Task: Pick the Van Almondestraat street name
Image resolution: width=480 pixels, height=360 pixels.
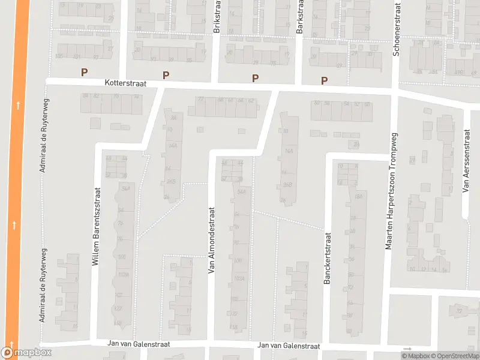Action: tap(211, 241)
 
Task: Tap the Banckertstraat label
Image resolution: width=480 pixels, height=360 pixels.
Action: tap(328, 259)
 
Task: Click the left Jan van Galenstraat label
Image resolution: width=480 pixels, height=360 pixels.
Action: tap(139, 344)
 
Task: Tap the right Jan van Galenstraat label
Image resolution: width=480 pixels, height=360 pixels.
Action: tap(289, 346)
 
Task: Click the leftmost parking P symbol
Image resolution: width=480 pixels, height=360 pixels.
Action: tap(85, 72)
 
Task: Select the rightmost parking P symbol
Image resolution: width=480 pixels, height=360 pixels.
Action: tap(325, 80)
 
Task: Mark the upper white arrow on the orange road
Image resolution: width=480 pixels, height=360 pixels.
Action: tap(18, 106)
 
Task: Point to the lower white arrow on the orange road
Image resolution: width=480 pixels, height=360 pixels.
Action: tap(14, 226)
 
